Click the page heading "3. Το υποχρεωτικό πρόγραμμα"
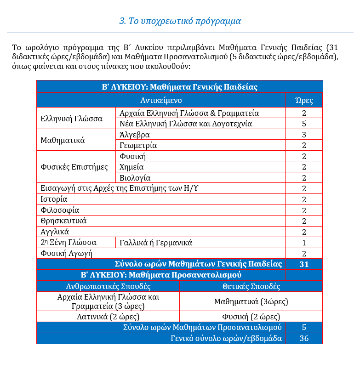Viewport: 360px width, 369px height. (180, 21)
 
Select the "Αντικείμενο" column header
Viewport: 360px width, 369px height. (161, 100)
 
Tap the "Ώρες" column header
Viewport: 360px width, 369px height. (303, 100)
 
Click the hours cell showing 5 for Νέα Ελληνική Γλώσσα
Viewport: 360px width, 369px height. (304, 124)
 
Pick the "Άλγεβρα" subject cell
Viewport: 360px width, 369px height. (134, 135)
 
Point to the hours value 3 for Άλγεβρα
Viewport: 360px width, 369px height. (304, 135)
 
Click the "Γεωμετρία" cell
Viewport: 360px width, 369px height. (138, 145)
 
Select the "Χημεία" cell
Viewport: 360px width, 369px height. (131, 167)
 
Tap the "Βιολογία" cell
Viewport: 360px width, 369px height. (135, 178)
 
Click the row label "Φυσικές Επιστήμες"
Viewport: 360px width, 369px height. (74, 167)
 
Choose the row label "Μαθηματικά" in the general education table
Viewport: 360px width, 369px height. (63, 140)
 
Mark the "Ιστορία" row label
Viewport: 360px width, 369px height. (54, 199)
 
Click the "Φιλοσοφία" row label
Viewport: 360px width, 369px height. (60, 210)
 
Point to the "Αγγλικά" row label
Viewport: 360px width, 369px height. (55, 232)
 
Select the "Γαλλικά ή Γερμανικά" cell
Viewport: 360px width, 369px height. (155, 243)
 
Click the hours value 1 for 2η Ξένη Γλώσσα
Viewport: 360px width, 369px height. (304, 243)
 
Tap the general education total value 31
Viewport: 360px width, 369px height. (304, 264)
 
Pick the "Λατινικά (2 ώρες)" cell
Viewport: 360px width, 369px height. (108, 317)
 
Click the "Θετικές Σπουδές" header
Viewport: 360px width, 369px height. (251, 286)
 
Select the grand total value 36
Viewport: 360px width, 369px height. (304, 338)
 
